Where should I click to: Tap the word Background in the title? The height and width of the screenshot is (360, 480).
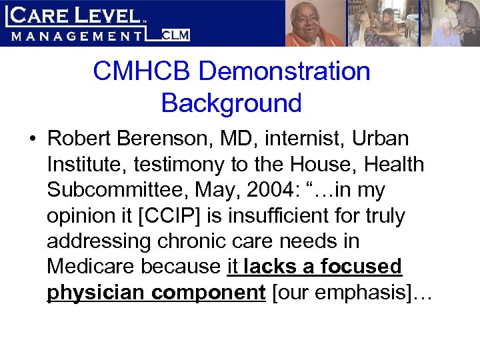tap(231, 103)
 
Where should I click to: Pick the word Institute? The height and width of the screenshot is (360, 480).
tap(86, 165)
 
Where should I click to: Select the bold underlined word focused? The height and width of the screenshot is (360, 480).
tap(361, 267)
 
